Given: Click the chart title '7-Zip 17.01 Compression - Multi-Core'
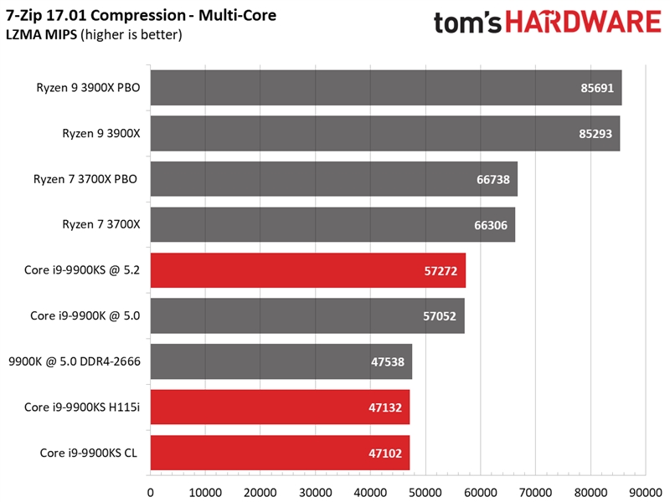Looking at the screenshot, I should (141, 16).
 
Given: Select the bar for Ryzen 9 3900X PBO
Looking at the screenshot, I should (385, 88).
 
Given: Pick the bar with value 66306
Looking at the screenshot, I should (332, 225).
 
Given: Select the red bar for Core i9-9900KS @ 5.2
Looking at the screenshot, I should (307, 270).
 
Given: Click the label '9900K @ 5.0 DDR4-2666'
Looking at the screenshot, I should (75, 361).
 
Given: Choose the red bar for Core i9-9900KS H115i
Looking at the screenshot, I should (280, 407).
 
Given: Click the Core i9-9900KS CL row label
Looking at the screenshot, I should (90, 453).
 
